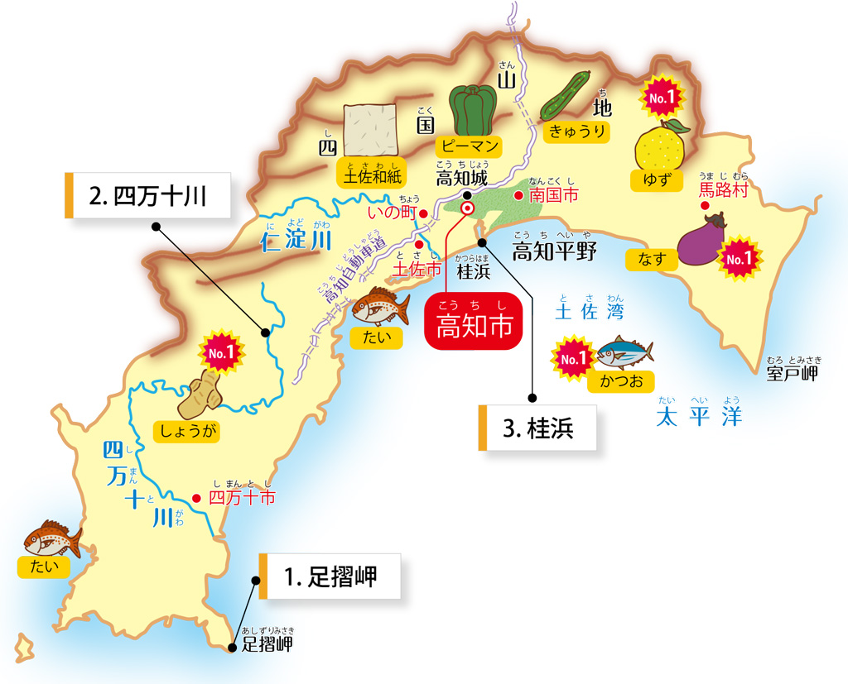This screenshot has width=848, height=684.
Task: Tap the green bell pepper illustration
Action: tap(472, 110)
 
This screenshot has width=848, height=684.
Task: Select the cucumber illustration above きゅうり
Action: tap(566, 96)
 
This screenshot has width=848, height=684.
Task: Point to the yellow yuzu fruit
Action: tap(659, 146)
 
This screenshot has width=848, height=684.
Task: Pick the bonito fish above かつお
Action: tap(624, 353)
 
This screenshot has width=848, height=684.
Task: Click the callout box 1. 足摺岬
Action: tap(330, 576)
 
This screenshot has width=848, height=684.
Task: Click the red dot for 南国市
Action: tap(519, 196)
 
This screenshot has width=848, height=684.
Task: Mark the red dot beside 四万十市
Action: tap(197, 498)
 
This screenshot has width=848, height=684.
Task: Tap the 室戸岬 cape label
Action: tap(793, 374)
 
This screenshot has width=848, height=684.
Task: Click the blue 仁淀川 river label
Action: tap(296, 242)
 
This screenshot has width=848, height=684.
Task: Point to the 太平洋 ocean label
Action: tap(698, 416)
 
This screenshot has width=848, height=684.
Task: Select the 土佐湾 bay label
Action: tap(590, 312)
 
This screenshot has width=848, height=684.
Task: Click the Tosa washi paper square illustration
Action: tap(370, 130)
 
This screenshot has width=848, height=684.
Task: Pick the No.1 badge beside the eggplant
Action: tap(738, 259)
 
